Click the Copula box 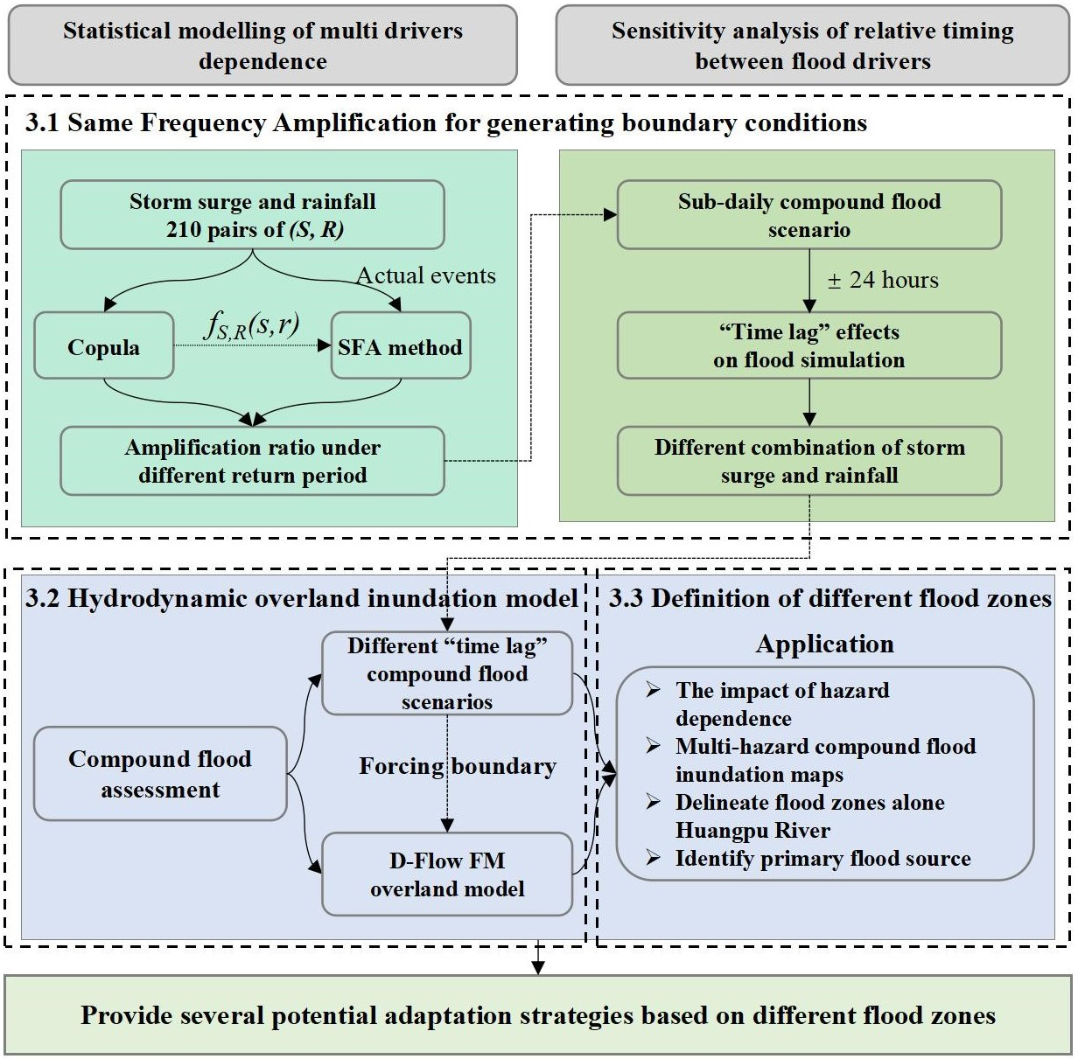(103, 347)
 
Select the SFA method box (400, 347)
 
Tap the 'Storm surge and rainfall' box (252, 215)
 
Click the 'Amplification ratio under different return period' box (252, 461)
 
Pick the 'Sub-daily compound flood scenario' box (808, 215)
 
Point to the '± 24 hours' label (882, 280)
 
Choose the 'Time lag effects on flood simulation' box (808, 345)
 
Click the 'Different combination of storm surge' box (808, 461)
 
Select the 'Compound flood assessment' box (160, 774)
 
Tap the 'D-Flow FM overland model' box (447, 874)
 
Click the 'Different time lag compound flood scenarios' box (447, 673)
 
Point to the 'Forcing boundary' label (458, 767)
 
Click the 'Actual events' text (425, 275)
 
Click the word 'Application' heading (824, 644)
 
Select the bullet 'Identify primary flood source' (822, 859)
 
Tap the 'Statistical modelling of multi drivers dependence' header (262, 45)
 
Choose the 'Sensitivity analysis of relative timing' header (812, 45)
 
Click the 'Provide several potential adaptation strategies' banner (538, 1015)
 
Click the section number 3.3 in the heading (626, 598)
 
